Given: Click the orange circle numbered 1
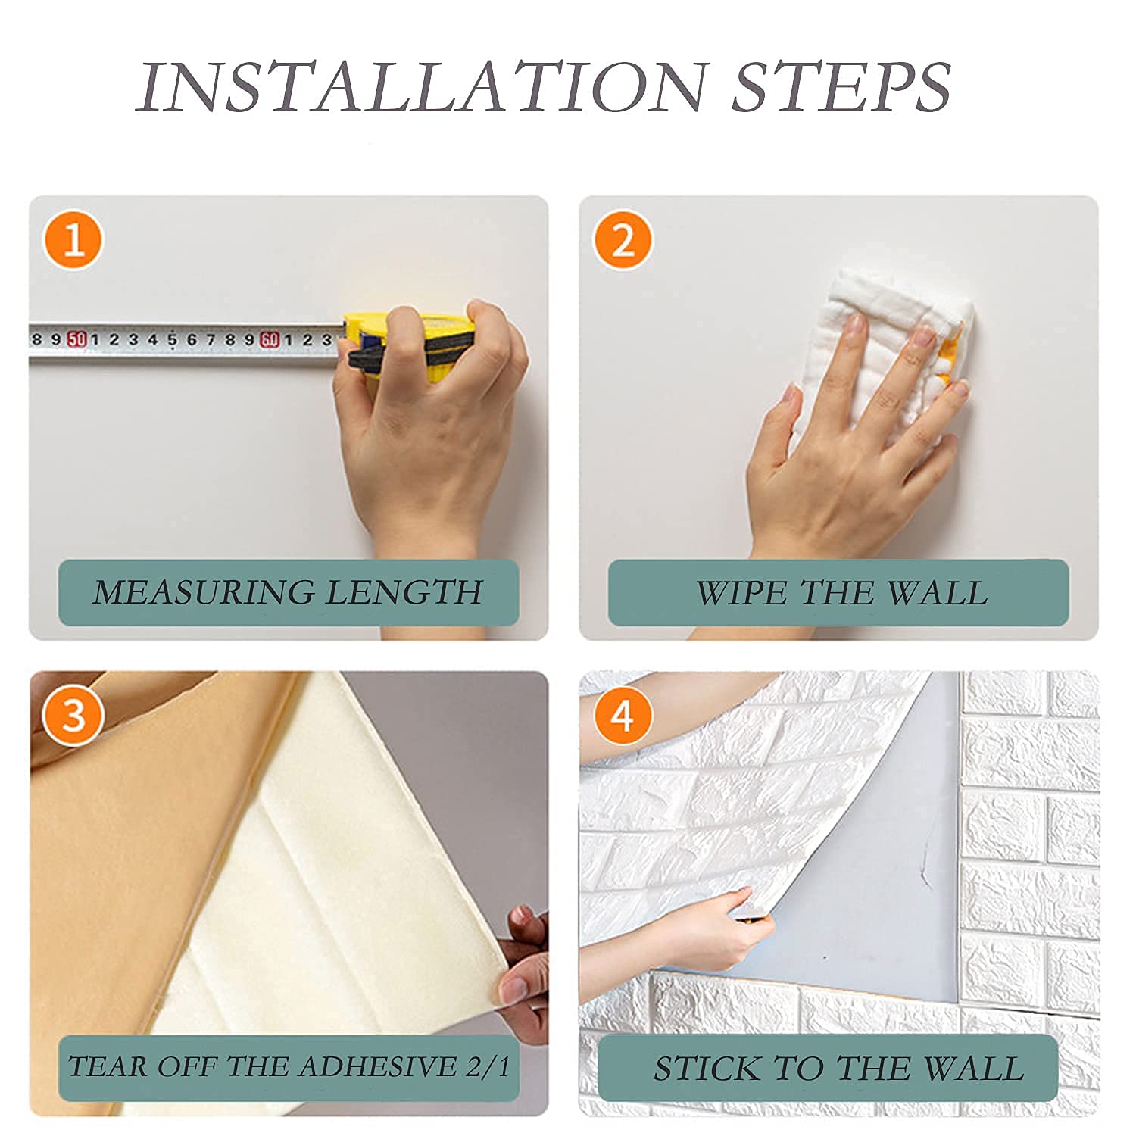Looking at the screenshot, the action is click(73, 240).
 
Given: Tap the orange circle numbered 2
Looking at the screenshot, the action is click(623, 240).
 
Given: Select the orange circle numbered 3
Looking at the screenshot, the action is click(73, 715).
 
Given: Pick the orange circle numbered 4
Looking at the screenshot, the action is click(623, 715).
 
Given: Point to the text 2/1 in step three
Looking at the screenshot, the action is click(488, 1066).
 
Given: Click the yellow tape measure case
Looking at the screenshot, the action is click(409, 341).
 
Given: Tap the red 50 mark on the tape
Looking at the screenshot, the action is click(76, 339).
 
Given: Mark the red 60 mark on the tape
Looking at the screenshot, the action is click(270, 340).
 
